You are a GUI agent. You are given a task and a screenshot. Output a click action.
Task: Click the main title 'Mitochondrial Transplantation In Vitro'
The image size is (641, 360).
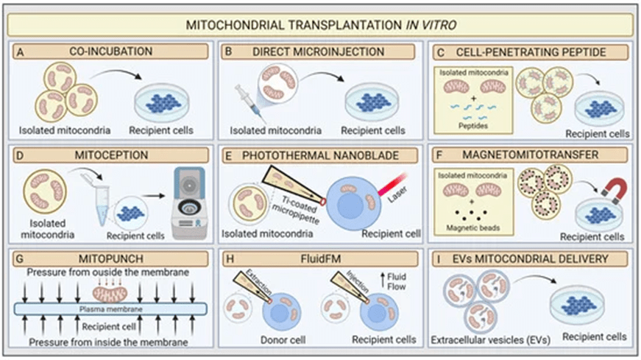click(x=321, y=25)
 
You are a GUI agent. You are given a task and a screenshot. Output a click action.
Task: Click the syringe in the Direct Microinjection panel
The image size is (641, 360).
click(x=249, y=103)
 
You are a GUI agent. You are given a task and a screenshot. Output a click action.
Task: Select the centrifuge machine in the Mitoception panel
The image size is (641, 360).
click(x=188, y=203)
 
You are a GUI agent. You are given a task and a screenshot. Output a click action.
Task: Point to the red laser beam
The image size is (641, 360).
click(x=392, y=184)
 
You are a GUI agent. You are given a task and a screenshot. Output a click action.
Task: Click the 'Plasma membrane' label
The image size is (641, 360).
click(x=111, y=309)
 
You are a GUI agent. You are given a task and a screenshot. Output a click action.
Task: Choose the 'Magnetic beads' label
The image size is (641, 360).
click(x=473, y=228)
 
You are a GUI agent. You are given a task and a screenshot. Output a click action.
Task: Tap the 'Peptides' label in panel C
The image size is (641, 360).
click(x=473, y=126)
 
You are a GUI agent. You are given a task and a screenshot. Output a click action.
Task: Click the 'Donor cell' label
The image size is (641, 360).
click(x=283, y=340)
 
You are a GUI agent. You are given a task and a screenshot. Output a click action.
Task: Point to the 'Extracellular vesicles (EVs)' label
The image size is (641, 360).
click(x=491, y=340)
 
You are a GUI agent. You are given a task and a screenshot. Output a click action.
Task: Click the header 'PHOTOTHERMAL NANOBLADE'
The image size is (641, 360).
click(x=320, y=156)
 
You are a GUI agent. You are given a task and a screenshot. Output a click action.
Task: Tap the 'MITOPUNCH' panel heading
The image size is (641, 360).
click(x=111, y=258)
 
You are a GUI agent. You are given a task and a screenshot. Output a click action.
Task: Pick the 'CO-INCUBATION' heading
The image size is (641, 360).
click(x=111, y=52)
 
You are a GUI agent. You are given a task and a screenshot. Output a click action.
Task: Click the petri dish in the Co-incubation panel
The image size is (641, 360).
click(x=162, y=103)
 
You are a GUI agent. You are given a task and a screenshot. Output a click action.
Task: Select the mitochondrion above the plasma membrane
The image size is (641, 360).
click(x=110, y=294)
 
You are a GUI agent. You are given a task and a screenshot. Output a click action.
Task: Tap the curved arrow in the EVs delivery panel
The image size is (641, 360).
click(x=535, y=278)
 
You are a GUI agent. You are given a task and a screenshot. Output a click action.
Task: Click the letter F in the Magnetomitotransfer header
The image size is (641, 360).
click(x=439, y=155)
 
